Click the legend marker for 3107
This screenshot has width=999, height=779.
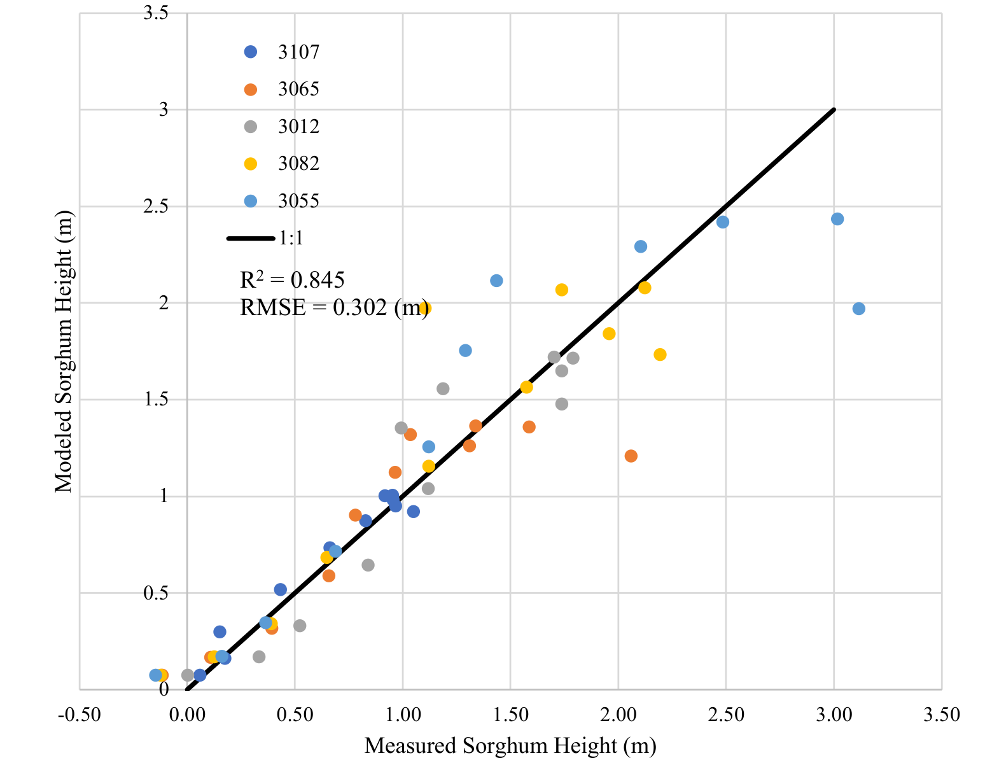point(251,52)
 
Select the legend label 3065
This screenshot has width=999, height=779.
point(298,89)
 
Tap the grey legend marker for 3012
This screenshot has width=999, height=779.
point(251,127)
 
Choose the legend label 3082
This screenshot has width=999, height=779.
point(298,164)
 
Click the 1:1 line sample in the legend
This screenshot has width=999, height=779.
point(251,239)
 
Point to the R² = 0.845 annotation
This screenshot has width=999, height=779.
point(292,279)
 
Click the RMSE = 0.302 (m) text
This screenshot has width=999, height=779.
point(333,307)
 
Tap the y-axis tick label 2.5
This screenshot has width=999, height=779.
point(156,206)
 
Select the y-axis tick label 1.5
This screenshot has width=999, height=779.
point(156,399)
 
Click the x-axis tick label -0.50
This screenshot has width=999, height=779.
point(80,715)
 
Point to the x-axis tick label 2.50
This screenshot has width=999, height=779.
point(726,715)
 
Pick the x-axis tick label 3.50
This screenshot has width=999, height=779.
point(942,715)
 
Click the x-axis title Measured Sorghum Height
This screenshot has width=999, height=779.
point(510,746)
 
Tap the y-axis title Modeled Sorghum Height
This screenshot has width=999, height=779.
point(64,351)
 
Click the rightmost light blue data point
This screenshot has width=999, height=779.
point(858,309)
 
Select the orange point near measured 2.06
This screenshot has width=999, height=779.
point(631,456)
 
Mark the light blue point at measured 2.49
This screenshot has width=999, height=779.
point(722,222)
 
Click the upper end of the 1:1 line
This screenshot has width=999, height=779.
point(833,110)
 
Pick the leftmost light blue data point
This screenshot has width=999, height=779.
point(155,675)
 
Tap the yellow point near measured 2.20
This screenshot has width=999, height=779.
point(660,354)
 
